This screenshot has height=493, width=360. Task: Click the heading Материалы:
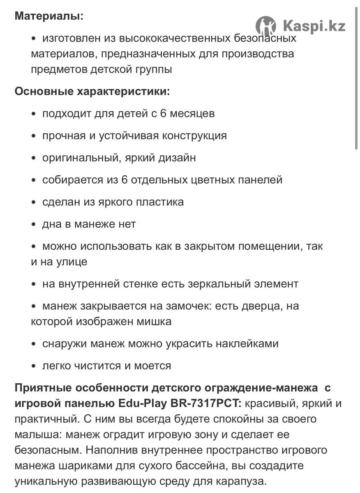[x=49, y=16]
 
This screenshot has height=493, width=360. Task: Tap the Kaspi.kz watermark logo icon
[x=265, y=26]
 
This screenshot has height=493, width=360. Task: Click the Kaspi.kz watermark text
[x=314, y=26]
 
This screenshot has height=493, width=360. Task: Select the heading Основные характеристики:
[x=92, y=91]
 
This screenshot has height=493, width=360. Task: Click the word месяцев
[x=191, y=113]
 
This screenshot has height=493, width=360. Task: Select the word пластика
[x=162, y=202]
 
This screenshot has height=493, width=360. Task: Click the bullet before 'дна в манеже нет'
[x=34, y=225]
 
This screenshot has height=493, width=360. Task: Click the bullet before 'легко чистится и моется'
[x=34, y=366]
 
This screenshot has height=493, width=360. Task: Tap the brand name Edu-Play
[x=144, y=403]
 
